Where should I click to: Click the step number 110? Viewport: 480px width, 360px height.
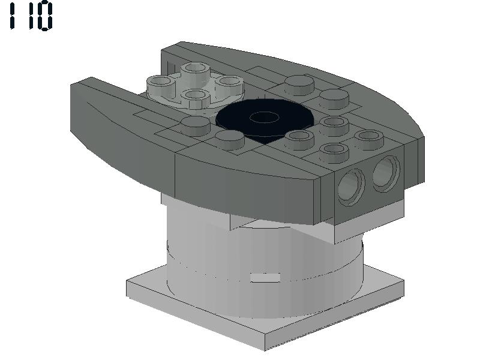point(31,16)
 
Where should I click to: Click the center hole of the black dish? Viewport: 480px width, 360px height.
point(264,117)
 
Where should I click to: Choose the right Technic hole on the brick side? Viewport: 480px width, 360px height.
point(386,173)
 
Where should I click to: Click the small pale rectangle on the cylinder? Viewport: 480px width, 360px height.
point(265,278)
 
